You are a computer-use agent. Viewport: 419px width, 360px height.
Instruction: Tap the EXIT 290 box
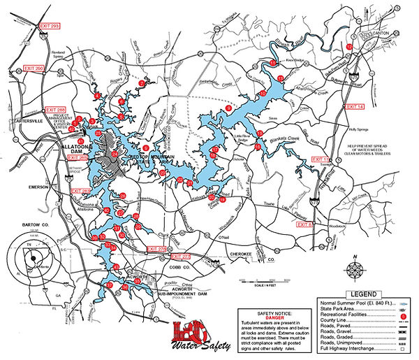click(x=34, y=69)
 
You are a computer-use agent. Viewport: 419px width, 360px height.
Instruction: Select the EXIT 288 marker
click(x=55, y=110)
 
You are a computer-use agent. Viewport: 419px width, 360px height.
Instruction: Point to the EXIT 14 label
click(x=355, y=106)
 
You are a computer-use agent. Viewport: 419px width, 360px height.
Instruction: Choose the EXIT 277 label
click(x=181, y=257)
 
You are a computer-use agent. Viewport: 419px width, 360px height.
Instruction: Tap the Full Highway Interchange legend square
click(x=404, y=350)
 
